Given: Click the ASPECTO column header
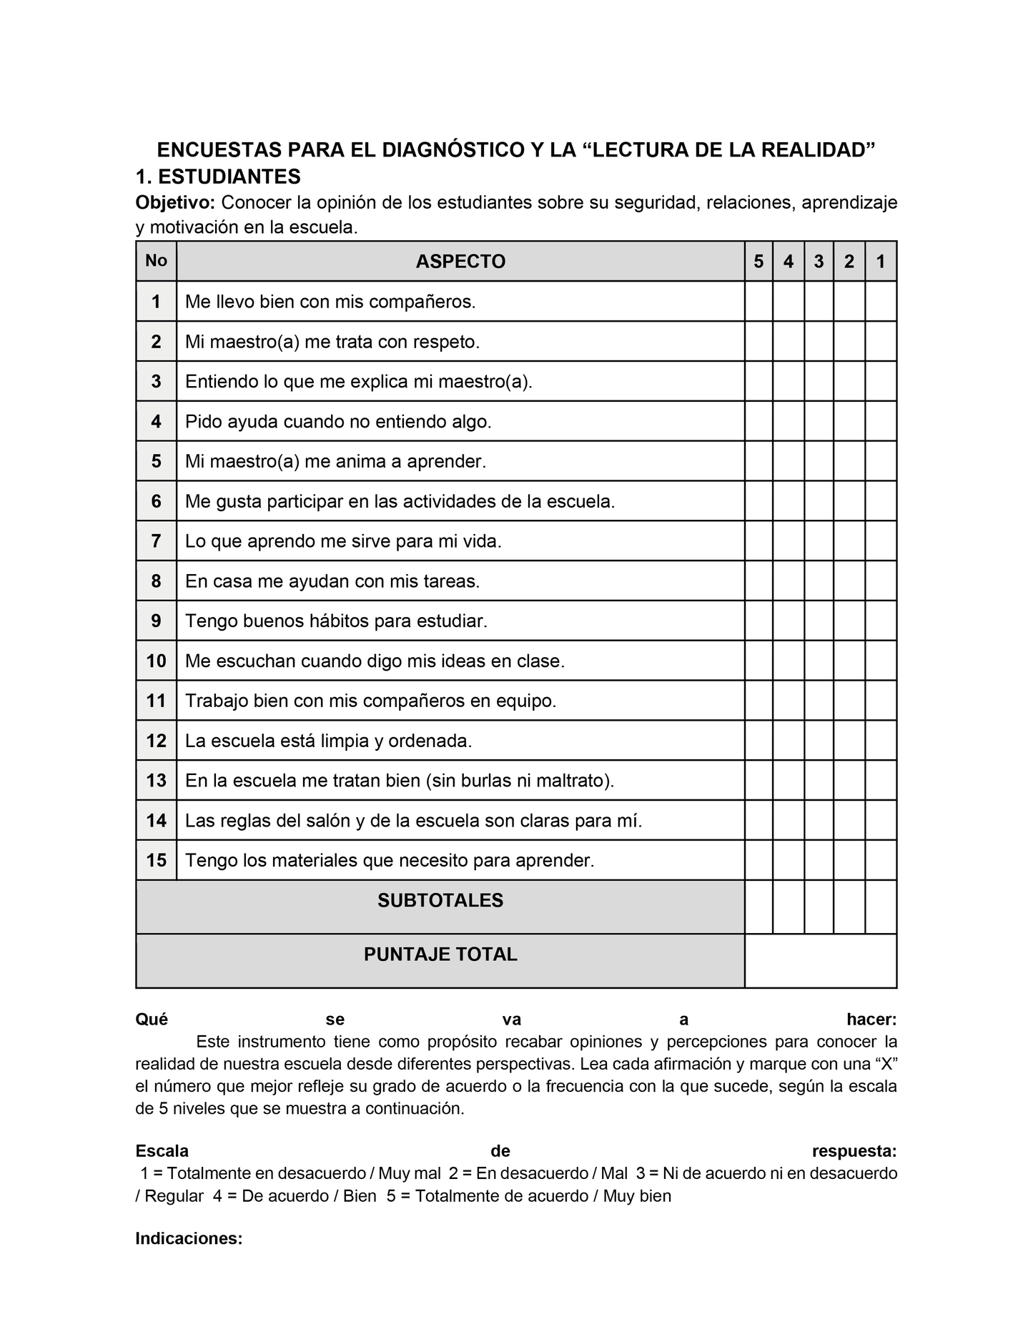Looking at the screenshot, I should (460, 262).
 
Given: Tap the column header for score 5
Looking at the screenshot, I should (758, 262).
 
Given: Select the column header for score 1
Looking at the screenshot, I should (881, 262).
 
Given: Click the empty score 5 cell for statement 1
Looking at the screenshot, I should (758, 301).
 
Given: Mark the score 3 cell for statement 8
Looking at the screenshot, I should (819, 581).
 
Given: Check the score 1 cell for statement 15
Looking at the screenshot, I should (881, 859).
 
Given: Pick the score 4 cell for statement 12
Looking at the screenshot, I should (789, 740).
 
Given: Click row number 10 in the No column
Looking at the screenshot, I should (156, 661).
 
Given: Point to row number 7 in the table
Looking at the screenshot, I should (156, 541).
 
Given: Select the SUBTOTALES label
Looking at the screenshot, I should (440, 901).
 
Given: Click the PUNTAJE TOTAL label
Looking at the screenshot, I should (440, 955).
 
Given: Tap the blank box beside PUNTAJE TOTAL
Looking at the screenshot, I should (821, 961).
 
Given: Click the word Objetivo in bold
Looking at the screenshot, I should (175, 203).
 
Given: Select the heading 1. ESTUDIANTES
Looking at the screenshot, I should (218, 177).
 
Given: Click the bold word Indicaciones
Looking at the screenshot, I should (189, 1239).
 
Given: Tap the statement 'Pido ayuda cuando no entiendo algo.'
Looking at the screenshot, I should (338, 421).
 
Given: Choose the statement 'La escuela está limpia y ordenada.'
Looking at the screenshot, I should (329, 740).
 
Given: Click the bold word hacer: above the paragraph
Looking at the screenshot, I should (871, 1019).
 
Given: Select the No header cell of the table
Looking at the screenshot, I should (156, 260).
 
